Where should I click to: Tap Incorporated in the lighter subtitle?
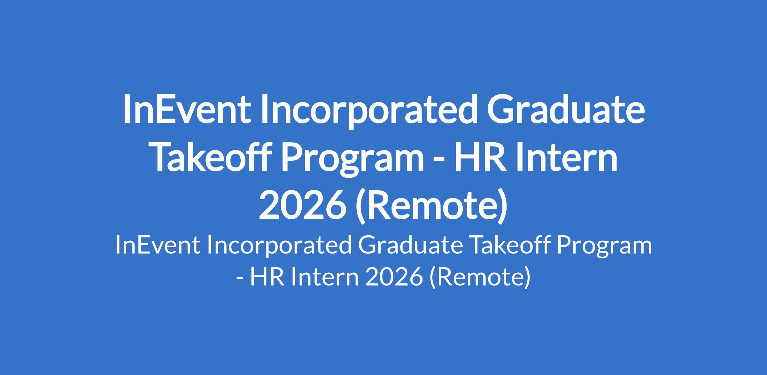click(x=278, y=247)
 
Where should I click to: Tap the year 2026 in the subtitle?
click(x=393, y=277)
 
